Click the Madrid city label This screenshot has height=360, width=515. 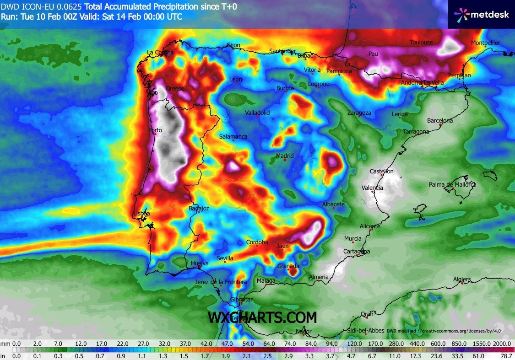[285, 156]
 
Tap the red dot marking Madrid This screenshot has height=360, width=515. [285, 160]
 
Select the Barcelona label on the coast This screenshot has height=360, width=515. [439, 121]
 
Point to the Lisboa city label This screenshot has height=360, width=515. [141, 214]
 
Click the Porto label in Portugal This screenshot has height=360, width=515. [155, 130]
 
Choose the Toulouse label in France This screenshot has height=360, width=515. [421, 43]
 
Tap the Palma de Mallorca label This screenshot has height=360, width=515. [452, 185]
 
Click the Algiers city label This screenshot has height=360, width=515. [461, 279]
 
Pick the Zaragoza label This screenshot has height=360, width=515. [359, 113]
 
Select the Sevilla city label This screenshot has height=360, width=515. [225, 258]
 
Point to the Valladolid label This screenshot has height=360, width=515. [257, 113]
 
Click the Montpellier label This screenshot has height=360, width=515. [486, 43]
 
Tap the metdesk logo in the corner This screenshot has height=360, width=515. [481, 14]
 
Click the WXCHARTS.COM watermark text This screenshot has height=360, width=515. [262, 317]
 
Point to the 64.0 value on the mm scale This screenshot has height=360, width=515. [269, 344]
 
